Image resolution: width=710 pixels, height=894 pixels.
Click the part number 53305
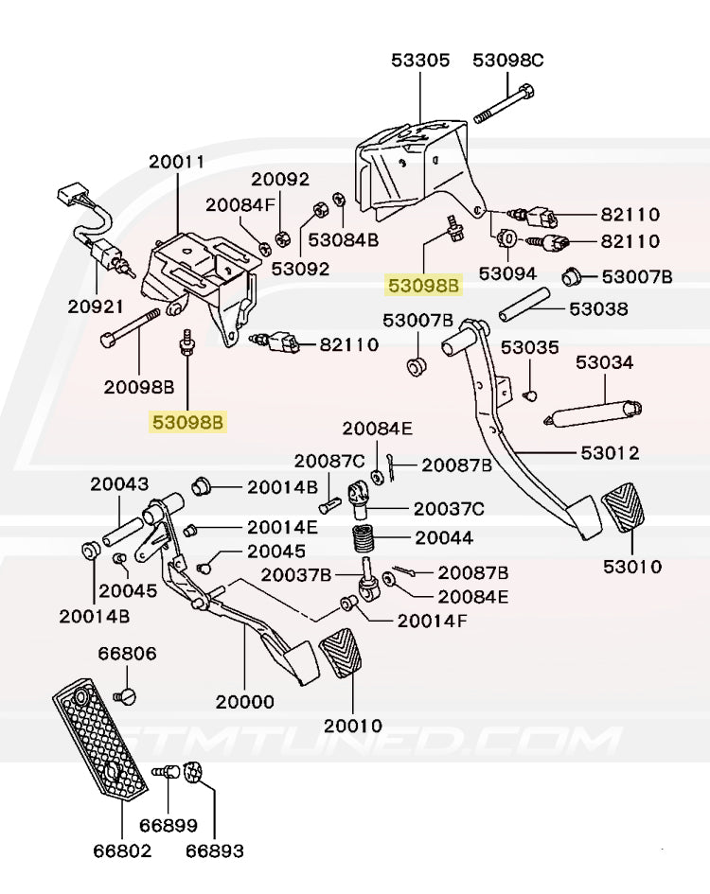click(x=420, y=61)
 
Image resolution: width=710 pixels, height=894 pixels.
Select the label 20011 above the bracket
click(x=176, y=162)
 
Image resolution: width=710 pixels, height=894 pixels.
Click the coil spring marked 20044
click(x=364, y=541)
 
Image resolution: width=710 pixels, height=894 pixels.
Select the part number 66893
click(x=214, y=850)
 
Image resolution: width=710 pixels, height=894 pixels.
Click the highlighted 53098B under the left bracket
click(x=187, y=422)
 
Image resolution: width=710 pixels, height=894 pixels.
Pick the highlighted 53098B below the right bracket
click(x=422, y=283)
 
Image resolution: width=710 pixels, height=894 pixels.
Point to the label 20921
click(x=96, y=307)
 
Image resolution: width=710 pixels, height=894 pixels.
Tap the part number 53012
click(x=608, y=453)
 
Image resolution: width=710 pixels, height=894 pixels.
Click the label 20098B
click(x=139, y=386)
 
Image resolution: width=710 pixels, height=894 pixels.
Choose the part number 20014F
click(x=432, y=621)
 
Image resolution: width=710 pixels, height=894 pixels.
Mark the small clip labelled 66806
click(x=125, y=697)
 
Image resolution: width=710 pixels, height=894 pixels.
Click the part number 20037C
click(x=449, y=509)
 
